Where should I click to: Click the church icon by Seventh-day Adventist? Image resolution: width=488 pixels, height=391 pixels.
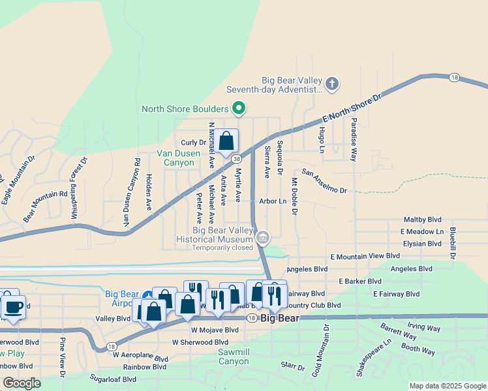point(332,83)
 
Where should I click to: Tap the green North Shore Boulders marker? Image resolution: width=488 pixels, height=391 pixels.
point(239,108)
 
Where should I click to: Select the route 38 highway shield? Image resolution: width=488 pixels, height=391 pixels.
point(236,158)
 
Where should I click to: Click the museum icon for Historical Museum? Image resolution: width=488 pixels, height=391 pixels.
point(262,237)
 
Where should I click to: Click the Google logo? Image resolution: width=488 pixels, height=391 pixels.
point(22,383)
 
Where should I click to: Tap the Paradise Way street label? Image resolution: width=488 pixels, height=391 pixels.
point(354,140)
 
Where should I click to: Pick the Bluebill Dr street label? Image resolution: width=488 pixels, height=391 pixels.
point(452,240)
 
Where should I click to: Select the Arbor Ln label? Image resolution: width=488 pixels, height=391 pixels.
point(273,201)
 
